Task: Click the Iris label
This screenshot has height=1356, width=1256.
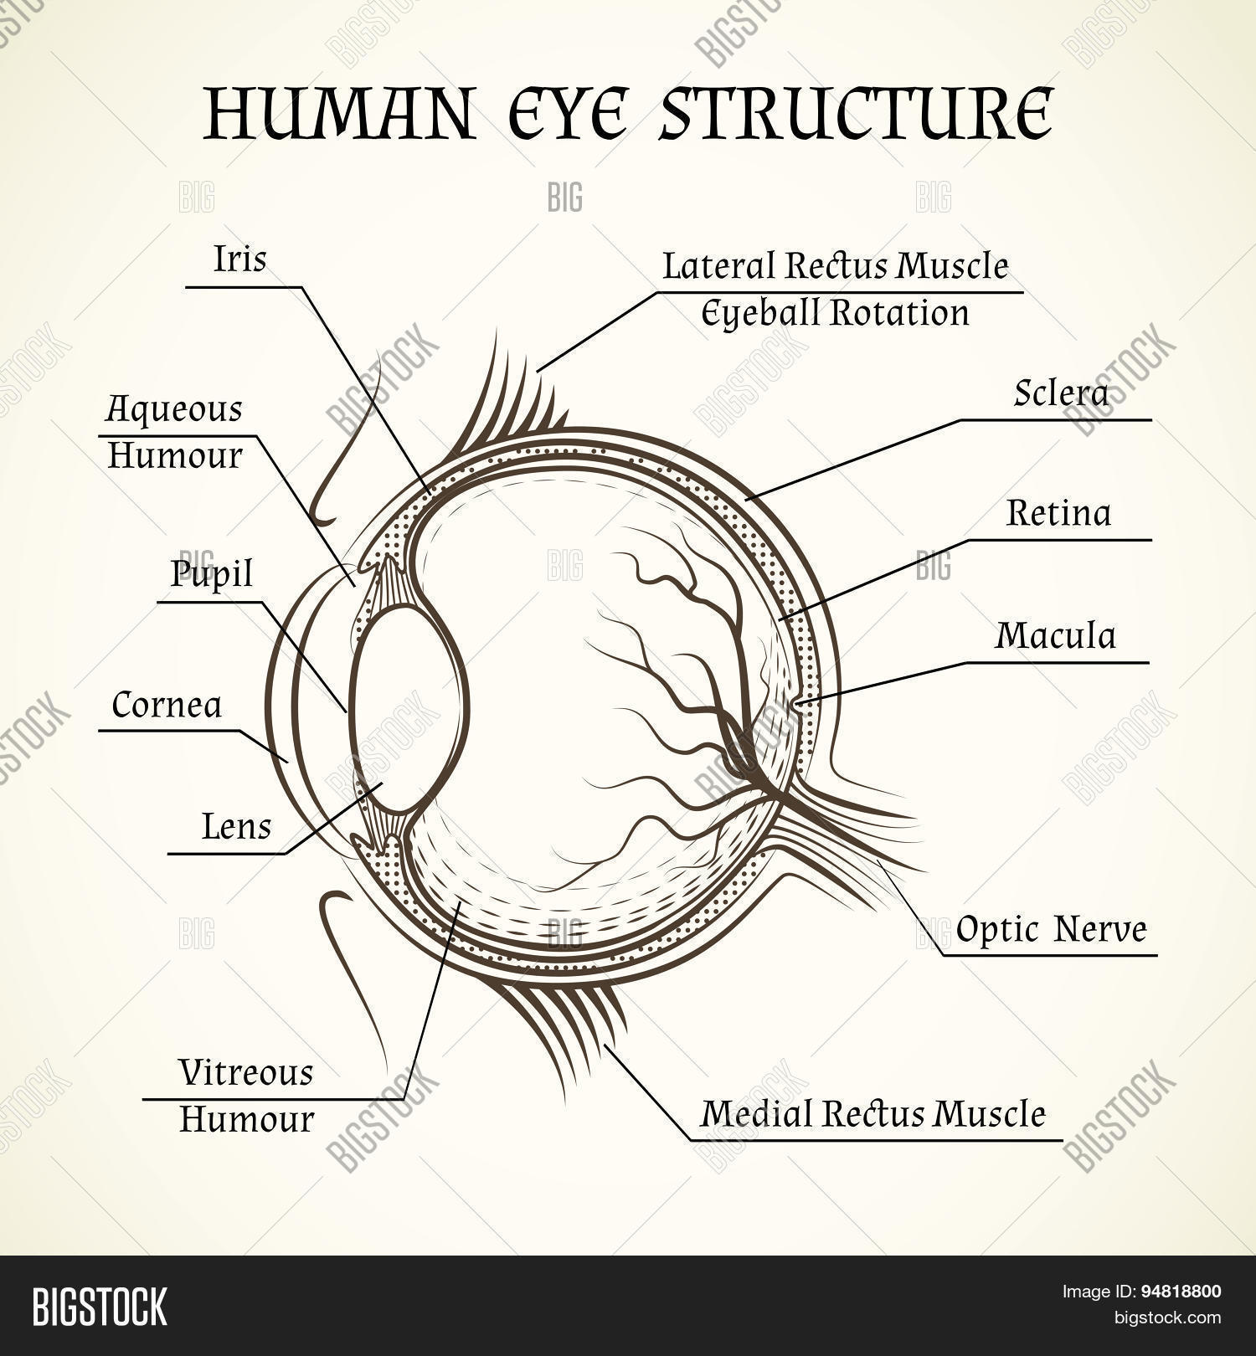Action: pyautogui.click(x=239, y=259)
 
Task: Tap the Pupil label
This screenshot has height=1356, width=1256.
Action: pyautogui.click(x=211, y=575)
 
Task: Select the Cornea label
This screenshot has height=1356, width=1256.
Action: pyautogui.click(x=167, y=705)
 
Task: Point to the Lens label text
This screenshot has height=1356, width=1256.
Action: pyautogui.click(x=237, y=827)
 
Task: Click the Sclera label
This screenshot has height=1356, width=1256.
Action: pyautogui.click(x=1061, y=392)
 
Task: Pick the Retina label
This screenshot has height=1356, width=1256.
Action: pyautogui.click(x=1059, y=512)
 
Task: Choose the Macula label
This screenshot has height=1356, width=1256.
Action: pyautogui.click(x=1056, y=635)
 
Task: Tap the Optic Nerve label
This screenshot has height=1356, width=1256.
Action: pyautogui.click(x=1051, y=929)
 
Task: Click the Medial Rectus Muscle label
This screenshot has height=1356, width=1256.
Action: pyautogui.click(x=873, y=1113)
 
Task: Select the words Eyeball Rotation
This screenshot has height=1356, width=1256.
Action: pyautogui.click(x=835, y=313)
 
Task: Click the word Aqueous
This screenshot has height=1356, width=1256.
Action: pyautogui.click(x=174, y=410)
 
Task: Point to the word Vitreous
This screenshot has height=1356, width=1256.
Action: pyautogui.click(x=246, y=1072)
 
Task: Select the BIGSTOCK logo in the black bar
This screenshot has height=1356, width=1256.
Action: pyautogui.click(x=100, y=1306)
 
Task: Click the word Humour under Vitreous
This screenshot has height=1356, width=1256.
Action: pyautogui.click(x=246, y=1120)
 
